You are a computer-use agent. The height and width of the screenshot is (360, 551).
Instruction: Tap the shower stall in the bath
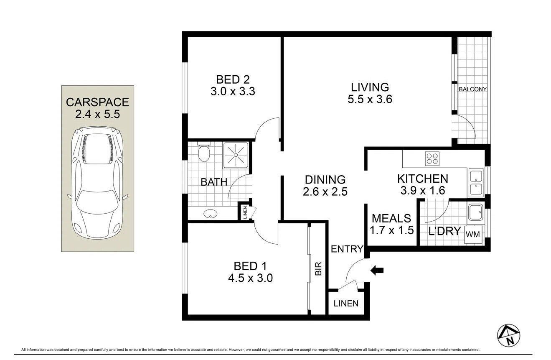pos(236,155)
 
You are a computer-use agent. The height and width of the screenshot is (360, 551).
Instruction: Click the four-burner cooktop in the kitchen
pos(432,158)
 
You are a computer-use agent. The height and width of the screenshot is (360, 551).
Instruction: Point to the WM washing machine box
pos(473,234)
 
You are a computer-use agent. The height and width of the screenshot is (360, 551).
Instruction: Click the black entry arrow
pos(377,271)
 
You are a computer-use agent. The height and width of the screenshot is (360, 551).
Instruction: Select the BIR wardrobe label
pos(318,269)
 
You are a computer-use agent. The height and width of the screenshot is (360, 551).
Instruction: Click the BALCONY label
pos(472,89)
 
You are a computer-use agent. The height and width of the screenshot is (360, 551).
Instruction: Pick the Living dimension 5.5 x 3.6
pos(370,99)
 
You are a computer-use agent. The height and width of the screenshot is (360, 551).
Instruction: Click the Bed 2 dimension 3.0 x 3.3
pos(233,91)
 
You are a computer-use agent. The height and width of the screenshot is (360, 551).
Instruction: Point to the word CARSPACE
pos(97,102)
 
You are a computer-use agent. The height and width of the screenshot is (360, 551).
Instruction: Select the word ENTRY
pos(347,249)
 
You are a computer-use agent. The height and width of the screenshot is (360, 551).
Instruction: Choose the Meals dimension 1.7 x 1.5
pos(391,230)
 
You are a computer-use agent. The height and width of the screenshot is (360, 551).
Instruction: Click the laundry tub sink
pos(476,212)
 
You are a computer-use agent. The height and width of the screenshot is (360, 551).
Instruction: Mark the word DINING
pos(325,180)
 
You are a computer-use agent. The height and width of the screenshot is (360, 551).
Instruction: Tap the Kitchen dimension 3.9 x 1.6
pos(423,191)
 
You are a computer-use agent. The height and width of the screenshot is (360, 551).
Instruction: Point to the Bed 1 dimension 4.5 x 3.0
pos(250,278)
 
